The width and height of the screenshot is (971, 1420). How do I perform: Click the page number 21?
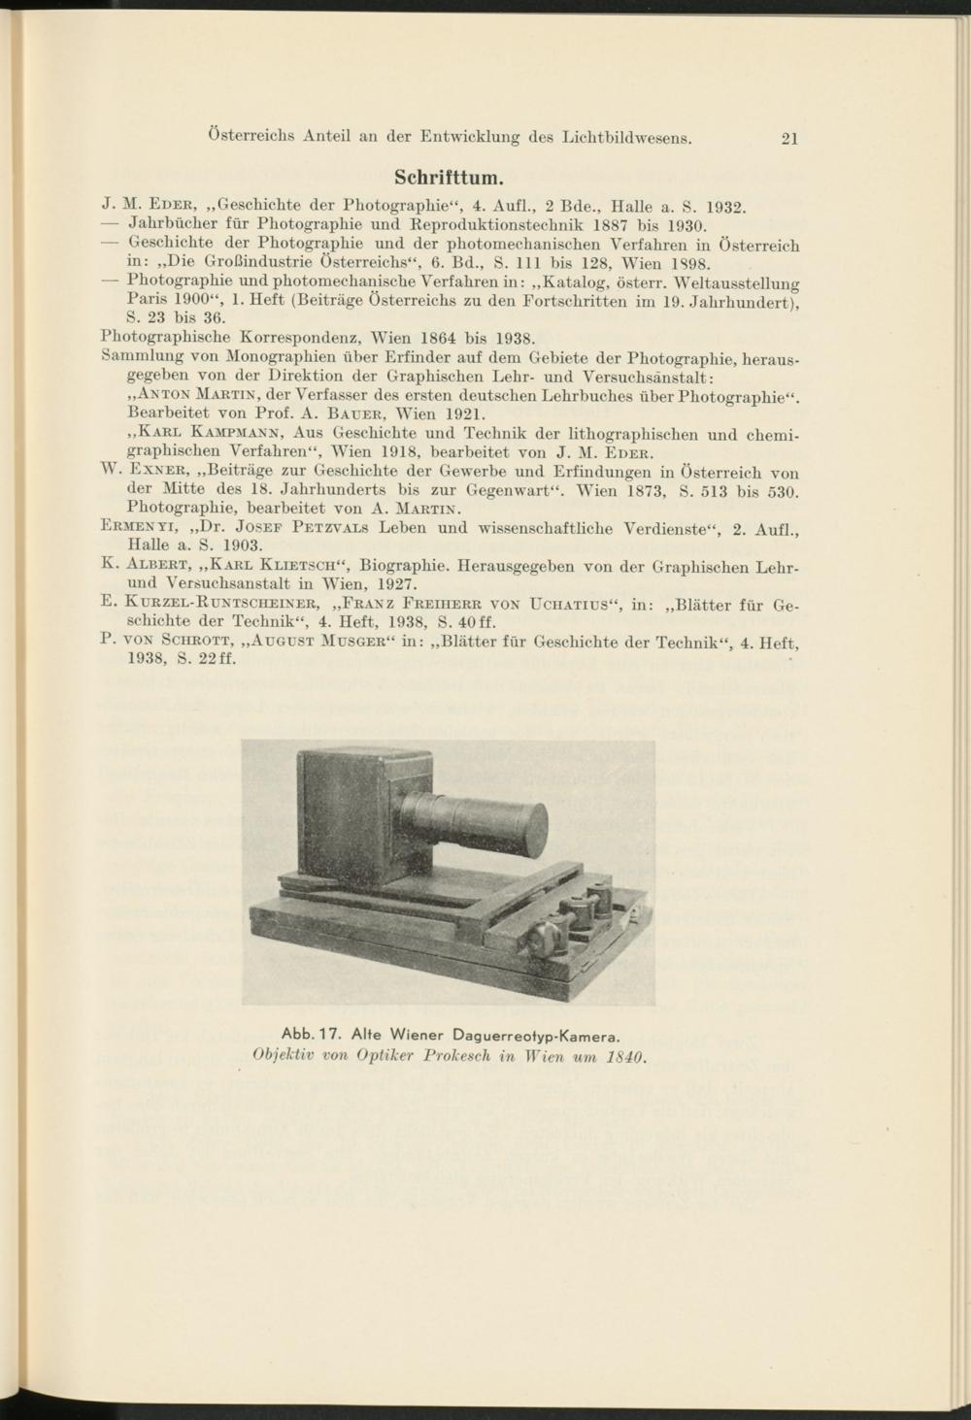pyautogui.click(x=788, y=138)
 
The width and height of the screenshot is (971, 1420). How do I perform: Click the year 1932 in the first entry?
pyautogui.click(x=723, y=206)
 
